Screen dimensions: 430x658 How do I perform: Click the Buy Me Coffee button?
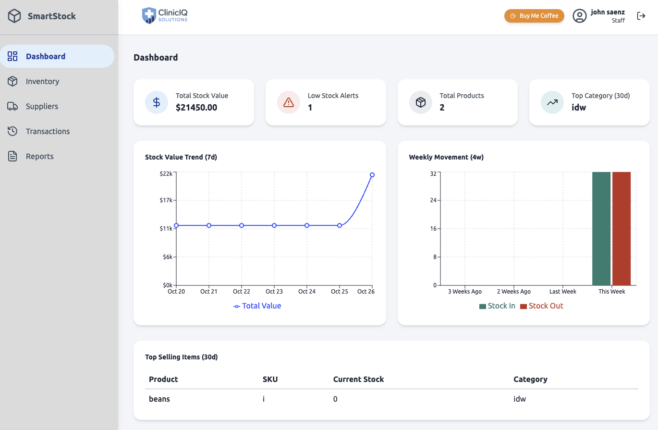(x=534, y=16)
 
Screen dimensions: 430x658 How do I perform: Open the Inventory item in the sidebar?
(x=42, y=82)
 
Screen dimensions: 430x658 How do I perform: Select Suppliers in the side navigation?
(x=42, y=107)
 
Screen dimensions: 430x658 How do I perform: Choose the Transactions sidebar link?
(x=48, y=132)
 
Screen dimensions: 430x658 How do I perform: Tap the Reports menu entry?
(x=39, y=157)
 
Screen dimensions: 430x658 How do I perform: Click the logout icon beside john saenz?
(x=641, y=16)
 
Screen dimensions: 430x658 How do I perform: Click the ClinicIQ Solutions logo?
(x=165, y=15)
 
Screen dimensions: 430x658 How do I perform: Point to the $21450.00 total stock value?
(x=196, y=108)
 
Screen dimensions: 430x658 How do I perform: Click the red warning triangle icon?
(x=289, y=102)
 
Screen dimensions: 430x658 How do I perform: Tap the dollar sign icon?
(x=157, y=102)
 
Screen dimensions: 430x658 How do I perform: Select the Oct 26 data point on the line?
(x=372, y=175)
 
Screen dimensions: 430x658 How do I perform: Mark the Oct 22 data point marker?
(x=242, y=225)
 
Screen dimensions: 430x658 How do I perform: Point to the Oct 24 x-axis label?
(x=307, y=292)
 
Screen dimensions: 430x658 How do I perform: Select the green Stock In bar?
(x=601, y=229)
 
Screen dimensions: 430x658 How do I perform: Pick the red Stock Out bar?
(x=621, y=229)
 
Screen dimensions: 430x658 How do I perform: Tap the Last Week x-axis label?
(x=562, y=292)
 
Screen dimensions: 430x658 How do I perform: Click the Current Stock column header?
(x=358, y=380)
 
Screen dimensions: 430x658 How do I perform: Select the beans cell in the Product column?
(x=159, y=399)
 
